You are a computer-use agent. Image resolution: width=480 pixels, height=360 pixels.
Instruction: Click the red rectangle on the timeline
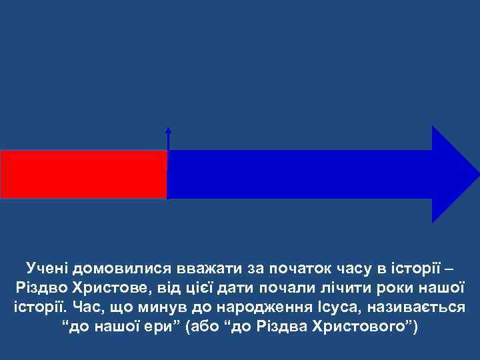click(83, 174)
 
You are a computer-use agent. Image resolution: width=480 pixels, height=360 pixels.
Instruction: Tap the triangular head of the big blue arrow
click(453, 174)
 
